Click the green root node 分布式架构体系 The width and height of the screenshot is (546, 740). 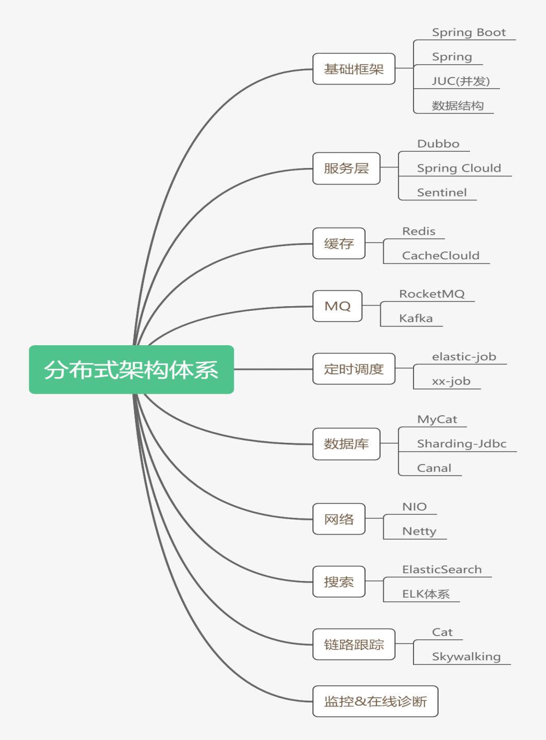point(131,369)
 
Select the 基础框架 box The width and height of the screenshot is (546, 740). point(354,69)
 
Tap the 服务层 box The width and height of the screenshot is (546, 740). point(346,168)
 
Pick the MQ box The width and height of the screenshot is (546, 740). point(337,306)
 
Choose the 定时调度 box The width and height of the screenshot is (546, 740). point(354,369)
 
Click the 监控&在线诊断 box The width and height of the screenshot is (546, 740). point(375,701)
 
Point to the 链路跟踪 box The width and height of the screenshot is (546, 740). point(354,645)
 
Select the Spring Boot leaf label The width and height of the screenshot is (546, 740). point(468,32)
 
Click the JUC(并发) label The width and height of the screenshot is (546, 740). point(460,81)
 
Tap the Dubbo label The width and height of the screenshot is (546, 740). point(438,144)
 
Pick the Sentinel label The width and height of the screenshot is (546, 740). point(442,192)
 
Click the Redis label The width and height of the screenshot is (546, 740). point(418,231)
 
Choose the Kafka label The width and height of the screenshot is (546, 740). point(416,318)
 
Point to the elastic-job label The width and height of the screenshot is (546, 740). point(464,357)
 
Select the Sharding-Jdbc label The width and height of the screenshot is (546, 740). point(462,444)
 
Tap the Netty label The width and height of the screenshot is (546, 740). point(419,531)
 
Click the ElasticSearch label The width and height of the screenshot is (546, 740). point(442,569)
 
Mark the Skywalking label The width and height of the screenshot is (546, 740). point(466,657)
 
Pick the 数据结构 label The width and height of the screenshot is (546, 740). point(457,106)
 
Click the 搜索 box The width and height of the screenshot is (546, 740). point(338,582)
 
